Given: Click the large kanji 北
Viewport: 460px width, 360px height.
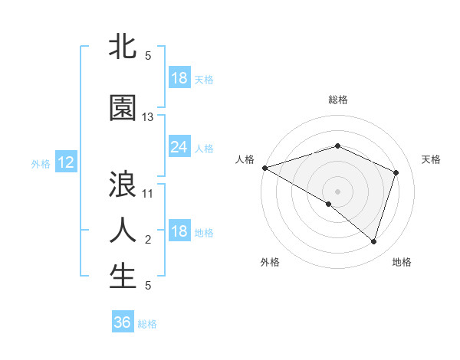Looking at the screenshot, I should (123, 47).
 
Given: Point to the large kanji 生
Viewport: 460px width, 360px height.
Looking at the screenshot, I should (123, 277).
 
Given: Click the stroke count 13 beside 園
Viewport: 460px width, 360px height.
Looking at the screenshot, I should (148, 117).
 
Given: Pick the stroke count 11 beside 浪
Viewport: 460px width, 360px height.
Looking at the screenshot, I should (148, 194).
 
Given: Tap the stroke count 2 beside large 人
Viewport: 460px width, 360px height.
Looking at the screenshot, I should (148, 241).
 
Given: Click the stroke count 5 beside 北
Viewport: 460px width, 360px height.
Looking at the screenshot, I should (148, 56).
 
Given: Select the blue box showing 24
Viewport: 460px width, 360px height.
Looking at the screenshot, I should (179, 147).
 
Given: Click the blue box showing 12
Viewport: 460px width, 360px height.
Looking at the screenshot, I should (65, 162).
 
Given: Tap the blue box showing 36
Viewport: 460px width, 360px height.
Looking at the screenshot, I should (123, 322).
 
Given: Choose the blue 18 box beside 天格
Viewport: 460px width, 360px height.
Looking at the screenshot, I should (179, 78).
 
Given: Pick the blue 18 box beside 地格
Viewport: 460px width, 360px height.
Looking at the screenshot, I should (179, 231).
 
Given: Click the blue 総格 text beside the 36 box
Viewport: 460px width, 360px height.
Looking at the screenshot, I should (147, 324).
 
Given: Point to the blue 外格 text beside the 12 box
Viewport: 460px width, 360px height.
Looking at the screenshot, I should (40, 163).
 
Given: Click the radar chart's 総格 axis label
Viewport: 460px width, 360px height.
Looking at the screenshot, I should (337, 100).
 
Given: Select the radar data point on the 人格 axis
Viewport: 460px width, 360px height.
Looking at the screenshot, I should (264, 168).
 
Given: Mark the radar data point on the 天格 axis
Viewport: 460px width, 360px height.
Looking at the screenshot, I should (396, 172).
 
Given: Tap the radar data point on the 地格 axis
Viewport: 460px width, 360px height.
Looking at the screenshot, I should (373, 241).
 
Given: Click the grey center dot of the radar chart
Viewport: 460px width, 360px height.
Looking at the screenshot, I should (337, 191).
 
